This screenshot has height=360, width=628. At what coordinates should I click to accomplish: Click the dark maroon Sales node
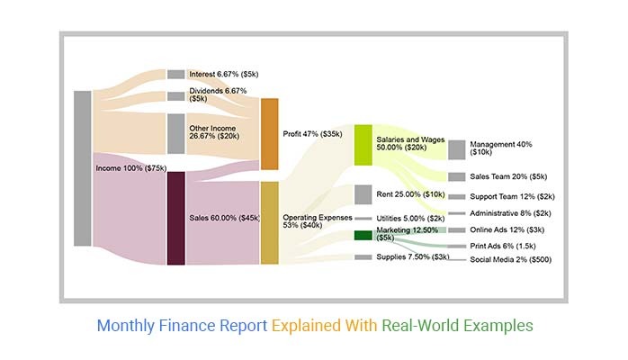tap(175, 218)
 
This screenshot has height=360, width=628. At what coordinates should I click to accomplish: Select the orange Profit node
tap(269, 134)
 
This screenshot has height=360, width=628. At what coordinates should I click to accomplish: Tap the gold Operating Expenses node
tap(269, 222)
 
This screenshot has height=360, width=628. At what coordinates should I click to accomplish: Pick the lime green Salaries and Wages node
tap(363, 144)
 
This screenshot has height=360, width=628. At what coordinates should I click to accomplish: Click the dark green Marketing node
tap(363, 235)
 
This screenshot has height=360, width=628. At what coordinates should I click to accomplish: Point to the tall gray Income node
tap(83, 167)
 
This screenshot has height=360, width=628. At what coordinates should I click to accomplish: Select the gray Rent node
tap(363, 194)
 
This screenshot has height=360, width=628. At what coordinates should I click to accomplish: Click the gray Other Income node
tap(175, 133)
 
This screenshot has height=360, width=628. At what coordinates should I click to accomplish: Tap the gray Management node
tap(456, 149)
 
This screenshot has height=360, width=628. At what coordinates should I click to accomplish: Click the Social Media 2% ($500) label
tap(510, 259)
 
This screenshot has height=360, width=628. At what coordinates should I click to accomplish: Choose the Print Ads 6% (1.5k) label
tap(503, 245)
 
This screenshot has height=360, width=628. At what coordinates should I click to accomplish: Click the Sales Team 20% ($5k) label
tap(508, 176)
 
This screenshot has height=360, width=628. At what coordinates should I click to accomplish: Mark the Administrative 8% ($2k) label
tap(509, 213)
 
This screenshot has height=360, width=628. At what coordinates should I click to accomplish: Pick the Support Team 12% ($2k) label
tap(512, 196)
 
